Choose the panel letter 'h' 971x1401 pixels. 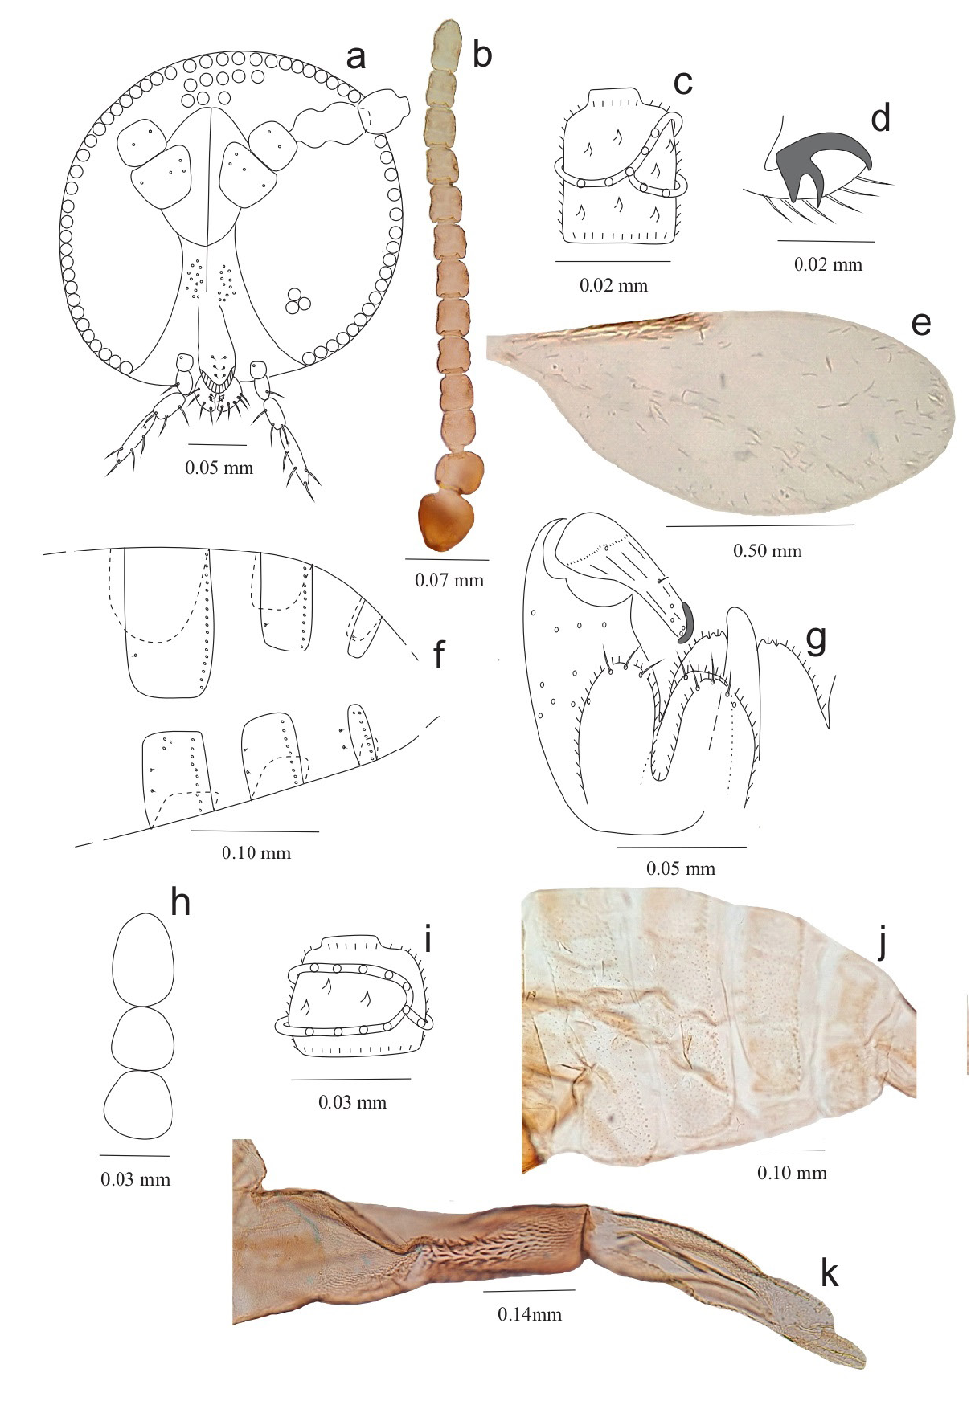(x=180, y=903)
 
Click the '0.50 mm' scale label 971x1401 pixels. (x=767, y=551)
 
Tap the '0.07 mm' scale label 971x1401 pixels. (x=449, y=580)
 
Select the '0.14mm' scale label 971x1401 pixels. (x=530, y=1314)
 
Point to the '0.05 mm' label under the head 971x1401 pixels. (x=219, y=468)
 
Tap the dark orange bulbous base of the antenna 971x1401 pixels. (x=447, y=521)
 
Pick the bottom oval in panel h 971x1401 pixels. (x=137, y=1104)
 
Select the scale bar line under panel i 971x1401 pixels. (x=350, y=1079)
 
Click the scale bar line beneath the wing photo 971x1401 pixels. (x=760, y=525)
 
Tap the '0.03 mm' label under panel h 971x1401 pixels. (x=136, y=1179)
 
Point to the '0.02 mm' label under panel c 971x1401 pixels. (x=613, y=285)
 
